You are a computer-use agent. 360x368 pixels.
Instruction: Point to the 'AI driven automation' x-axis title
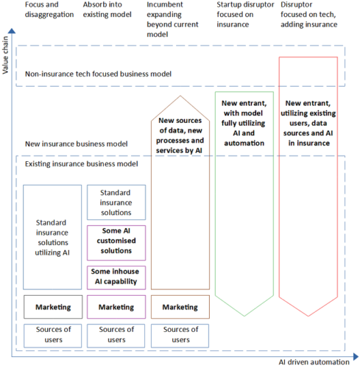[312, 362]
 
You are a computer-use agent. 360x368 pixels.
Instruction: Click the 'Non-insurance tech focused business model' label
[99, 74]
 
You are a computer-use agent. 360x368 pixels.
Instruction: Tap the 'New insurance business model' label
[77, 144]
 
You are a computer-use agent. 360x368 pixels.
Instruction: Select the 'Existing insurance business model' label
[82, 163]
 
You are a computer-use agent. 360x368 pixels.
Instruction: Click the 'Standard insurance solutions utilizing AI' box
[52, 237]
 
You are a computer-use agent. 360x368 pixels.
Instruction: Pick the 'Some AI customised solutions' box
[116, 241]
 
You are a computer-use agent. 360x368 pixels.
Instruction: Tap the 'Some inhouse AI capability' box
[116, 277]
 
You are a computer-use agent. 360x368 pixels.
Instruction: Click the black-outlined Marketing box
[52, 306]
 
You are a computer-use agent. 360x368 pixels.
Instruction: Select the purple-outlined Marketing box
[116, 306]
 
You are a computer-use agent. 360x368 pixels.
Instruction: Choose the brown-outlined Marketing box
[180, 306]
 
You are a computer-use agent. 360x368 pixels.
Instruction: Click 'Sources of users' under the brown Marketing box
[180, 334]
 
